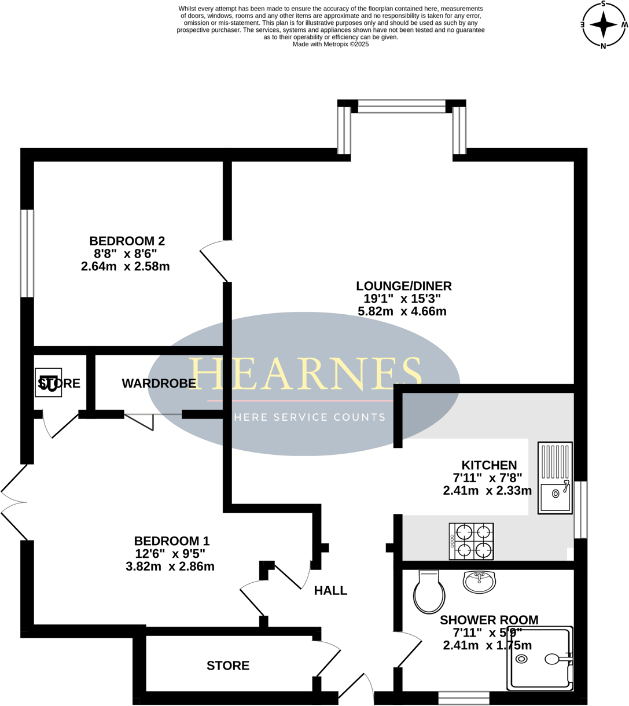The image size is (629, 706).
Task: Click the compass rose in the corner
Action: point(604,25)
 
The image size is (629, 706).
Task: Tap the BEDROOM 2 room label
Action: point(127,241)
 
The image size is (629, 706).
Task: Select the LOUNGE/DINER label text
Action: point(403,286)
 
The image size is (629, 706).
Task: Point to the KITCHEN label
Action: point(489,465)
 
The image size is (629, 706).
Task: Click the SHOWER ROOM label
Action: point(489,620)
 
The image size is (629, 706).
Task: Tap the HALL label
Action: point(330,591)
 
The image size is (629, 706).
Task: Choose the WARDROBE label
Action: point(159,384)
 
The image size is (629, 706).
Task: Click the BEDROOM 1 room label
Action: point(172,541)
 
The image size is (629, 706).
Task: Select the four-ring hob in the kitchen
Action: point(472,541)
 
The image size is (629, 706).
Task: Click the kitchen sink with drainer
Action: point(555,478)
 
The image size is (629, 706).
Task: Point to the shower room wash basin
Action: point(479,582)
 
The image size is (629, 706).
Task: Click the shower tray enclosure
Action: point(540,659)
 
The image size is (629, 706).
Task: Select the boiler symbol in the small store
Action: point(48,383)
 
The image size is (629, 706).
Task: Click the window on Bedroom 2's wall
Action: point(27,253)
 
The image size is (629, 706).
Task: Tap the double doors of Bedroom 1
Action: point(13,502)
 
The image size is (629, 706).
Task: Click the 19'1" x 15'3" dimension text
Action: point(402,299)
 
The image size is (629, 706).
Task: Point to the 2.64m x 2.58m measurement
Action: point(126,266)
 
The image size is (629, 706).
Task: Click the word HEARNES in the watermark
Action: point(305,373)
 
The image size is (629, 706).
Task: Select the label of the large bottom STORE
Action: point(228,666)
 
